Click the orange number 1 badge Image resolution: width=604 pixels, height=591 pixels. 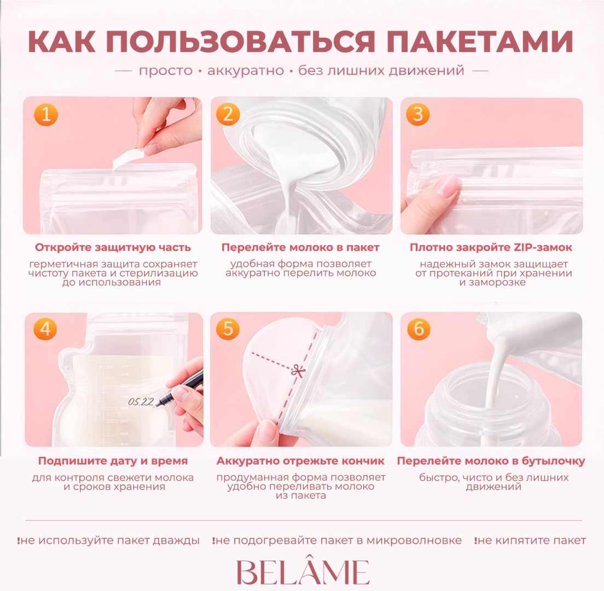coord(46,114)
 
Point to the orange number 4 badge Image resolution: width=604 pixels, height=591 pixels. coord(45,329)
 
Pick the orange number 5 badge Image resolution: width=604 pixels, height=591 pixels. coord(228,329)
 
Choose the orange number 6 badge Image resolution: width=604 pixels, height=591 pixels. coord(419,329)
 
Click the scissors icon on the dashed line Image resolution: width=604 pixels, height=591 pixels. coord(298,372)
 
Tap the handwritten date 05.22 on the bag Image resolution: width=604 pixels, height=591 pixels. coord(141,402)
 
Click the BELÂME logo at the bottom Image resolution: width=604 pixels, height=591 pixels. coord(303,572)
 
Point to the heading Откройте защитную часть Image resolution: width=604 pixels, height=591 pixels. coord(113,247)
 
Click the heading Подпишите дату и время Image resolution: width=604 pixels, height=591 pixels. coord(113,461)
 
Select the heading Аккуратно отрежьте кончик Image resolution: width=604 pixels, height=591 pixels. coord(300,461)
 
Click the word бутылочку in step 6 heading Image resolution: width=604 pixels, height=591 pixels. coord(552,461)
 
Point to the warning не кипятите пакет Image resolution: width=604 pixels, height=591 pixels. coord(531,541)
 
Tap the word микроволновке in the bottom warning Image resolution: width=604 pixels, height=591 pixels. coord(414,541)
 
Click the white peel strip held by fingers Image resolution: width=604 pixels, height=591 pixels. coord(128,159)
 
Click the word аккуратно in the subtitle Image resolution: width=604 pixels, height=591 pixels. coord(246,71)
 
